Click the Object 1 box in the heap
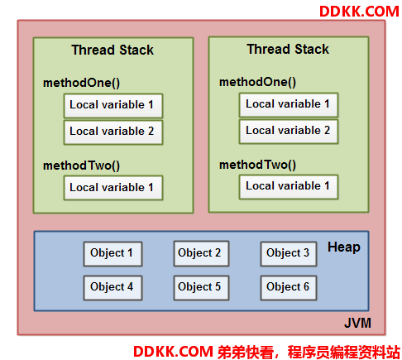coord(112,254)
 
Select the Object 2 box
coord(201,253)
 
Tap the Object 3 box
coord(289,254)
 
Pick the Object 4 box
coord(112,288)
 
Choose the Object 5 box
coord(201,288)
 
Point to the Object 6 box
coord(289,288)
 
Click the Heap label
coord(343,247)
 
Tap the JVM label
coord(357,323)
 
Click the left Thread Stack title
coord(112,50)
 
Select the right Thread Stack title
coord(288,49)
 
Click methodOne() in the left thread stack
coord(82,83)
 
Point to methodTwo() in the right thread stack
coord(257,165)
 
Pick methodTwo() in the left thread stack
coord(82,166)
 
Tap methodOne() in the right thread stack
coord(257,82)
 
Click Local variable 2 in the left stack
coord(113,132)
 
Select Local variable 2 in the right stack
coord(289,132)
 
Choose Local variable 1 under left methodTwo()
coord(113,188)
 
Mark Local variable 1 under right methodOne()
coord(289,105)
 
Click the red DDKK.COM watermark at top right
coord(359,12)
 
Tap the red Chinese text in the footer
coord(309,352)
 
